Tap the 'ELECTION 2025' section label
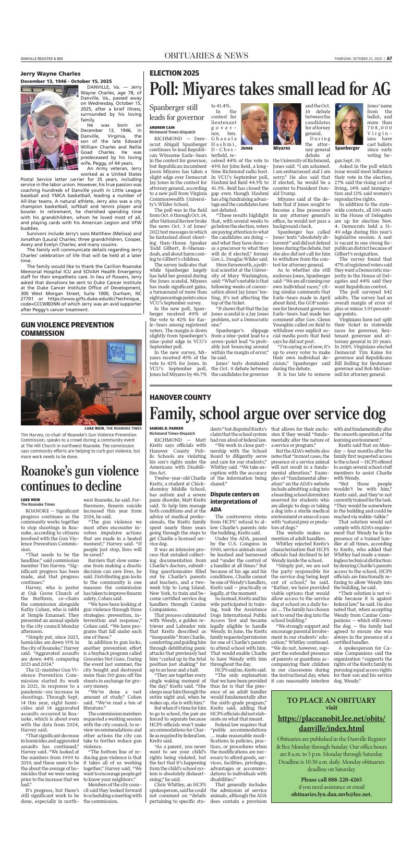coord(174,73)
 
